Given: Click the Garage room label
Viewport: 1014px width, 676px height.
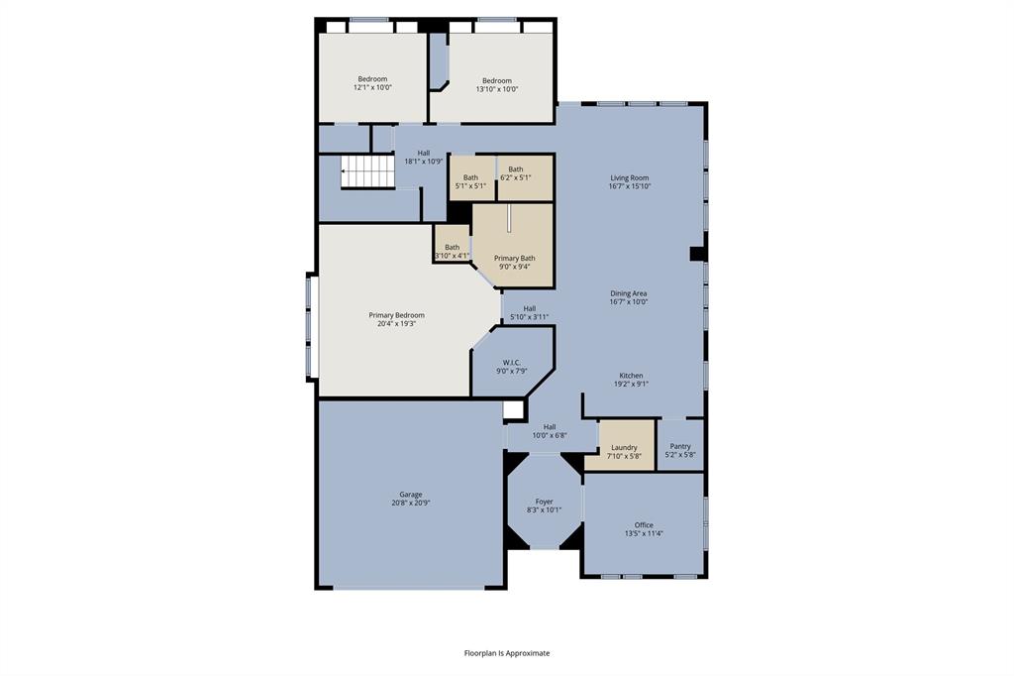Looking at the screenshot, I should [410, 495].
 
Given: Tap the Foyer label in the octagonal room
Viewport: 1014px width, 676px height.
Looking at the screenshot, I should [545, 502].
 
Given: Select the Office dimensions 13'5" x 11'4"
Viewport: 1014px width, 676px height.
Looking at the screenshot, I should [644, 533].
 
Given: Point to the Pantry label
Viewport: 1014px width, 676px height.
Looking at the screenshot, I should [680, 446].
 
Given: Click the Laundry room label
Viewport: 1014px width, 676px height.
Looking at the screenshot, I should [624, 447].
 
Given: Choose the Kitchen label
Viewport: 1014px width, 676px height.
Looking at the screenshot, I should [631, 376].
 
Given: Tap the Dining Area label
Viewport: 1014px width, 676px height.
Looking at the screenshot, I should [628, 293].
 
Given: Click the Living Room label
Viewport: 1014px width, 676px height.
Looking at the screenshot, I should [629, 178].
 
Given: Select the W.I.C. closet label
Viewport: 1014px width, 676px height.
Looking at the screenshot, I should [511, 363].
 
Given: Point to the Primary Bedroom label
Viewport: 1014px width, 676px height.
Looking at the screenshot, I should [396, 315].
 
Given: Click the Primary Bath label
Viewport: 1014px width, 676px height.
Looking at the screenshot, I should [514, 258].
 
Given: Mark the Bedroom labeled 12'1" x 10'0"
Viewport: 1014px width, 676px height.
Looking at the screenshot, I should [372, 79].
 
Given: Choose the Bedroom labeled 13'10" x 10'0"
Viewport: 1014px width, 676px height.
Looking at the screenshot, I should [496, 81].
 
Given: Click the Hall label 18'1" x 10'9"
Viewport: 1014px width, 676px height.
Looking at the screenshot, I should [424, 153].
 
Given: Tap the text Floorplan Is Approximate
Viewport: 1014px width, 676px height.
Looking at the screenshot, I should [507, 653].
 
